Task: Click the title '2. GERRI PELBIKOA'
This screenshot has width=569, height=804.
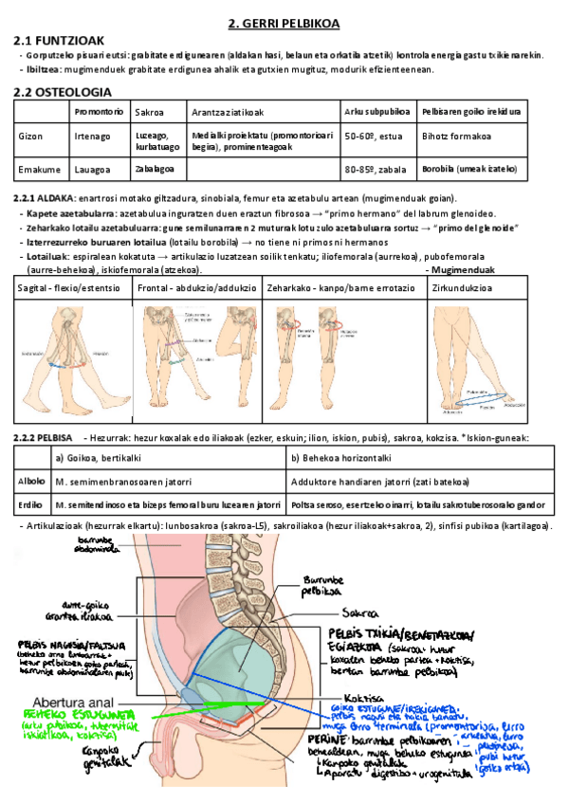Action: [x=285, y=23]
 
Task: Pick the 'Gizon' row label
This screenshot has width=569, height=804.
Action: [x=30, y=136]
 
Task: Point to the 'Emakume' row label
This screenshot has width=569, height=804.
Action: [x=37, y=169]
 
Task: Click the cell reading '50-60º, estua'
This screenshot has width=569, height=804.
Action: [x=374, y=136]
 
